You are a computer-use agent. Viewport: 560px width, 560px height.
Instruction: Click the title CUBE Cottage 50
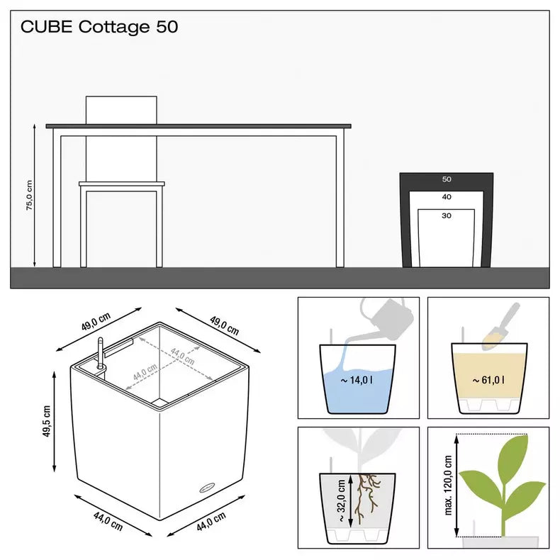click(99, 28)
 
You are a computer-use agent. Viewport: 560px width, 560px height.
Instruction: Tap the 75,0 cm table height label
click(30, 195)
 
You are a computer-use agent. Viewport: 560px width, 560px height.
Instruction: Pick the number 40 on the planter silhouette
click(447, 197)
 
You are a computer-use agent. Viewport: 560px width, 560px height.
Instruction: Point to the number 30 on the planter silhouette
click(447, 217)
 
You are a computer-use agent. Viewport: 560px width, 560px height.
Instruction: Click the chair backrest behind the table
click(121, 110)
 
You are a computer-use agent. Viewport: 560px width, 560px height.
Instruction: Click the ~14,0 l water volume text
click(355, 381)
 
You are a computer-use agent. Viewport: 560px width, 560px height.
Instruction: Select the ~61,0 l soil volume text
click(488, 381)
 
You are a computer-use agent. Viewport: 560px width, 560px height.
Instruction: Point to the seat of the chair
click(121, 184)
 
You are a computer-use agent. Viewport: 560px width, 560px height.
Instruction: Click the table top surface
click(198, 126)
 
